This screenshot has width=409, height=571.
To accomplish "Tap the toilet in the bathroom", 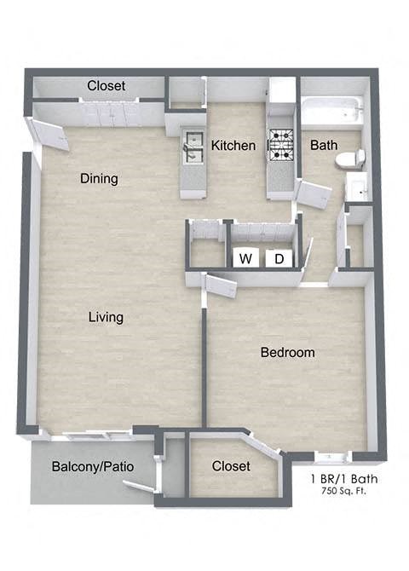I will point(350,159).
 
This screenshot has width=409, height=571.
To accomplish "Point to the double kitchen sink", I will point(192,147).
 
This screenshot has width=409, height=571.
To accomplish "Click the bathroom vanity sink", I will point(357,185).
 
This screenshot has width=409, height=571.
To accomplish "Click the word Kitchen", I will point(233,146).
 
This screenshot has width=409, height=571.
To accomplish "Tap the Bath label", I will point(323,145).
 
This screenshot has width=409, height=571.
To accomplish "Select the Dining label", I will point(99,179).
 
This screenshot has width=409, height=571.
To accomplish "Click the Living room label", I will point(106,317).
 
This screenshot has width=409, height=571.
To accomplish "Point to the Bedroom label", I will point(287,352).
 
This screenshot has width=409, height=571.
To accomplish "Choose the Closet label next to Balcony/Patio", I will point(231,466).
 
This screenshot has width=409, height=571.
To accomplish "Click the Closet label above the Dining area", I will point(107,86).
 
